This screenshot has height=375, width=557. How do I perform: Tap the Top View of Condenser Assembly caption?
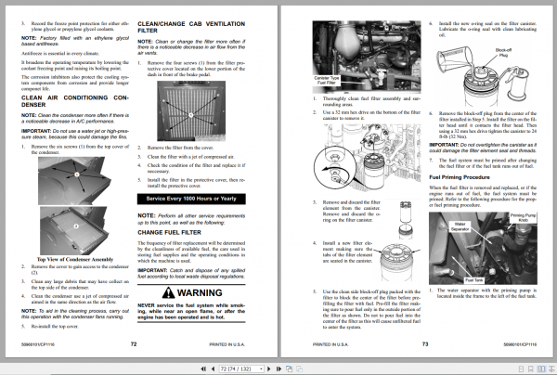tap(74, 260)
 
